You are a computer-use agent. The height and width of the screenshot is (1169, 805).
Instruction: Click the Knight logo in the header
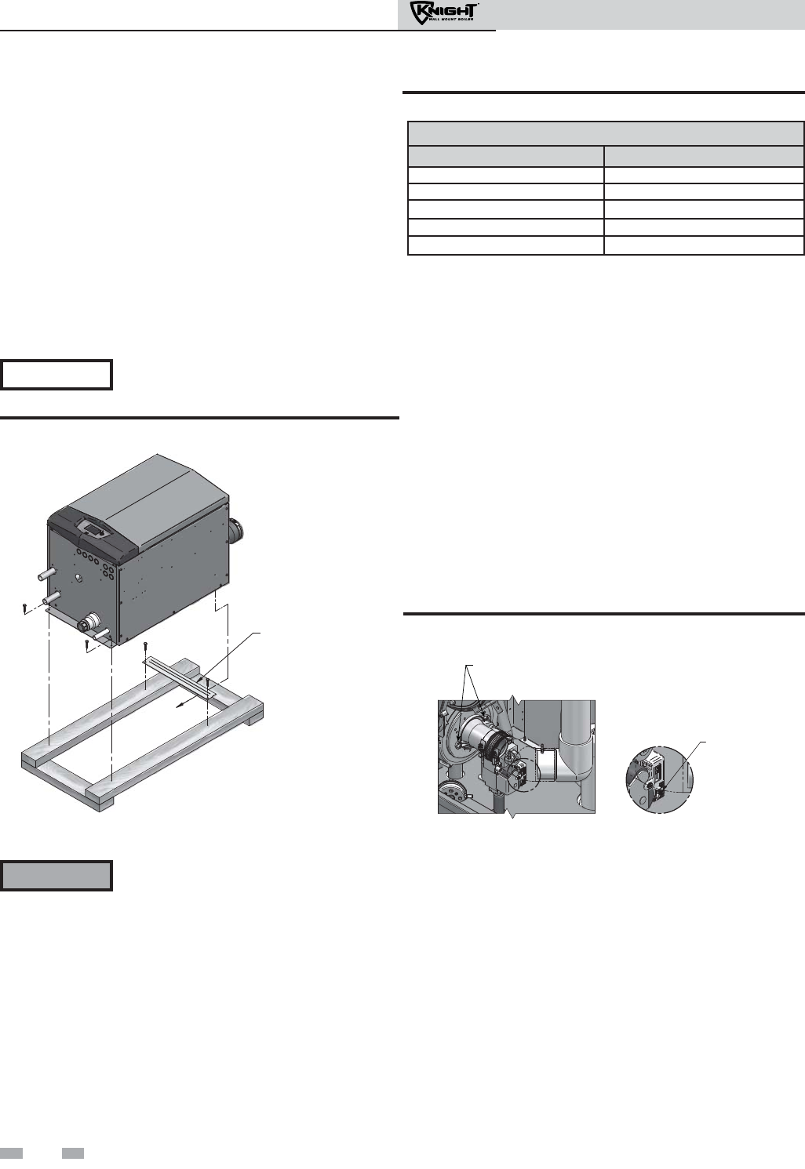444,13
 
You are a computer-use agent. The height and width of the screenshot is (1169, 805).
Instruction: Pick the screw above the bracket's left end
146,648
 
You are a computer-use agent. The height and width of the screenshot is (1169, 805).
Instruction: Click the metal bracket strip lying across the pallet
180,677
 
